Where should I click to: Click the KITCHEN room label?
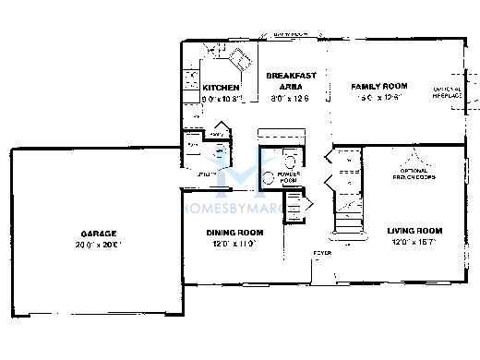pyautogui.click(x=221, y=87)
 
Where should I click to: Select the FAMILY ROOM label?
pyautogui.click(x=374, y=86)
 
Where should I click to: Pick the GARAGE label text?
pyautogui.click(x=98, y=234)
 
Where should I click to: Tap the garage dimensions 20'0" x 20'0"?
pyautogui.click(x=98, y=246)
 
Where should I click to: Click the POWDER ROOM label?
pyautogui.click(x=288, y=177)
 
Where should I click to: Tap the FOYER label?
pyautogui.click(x=322, y=251)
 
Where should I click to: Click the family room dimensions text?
pyautogui.click(x=374, y=98)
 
